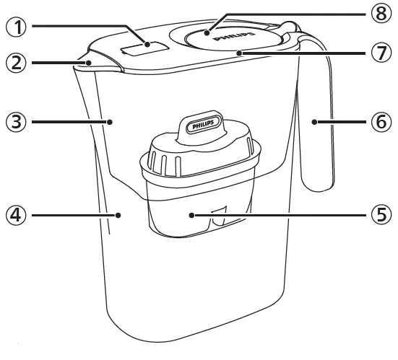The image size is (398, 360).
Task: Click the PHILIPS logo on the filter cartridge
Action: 204,126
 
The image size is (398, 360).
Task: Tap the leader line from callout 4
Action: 72,214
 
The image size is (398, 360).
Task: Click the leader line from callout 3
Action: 69,122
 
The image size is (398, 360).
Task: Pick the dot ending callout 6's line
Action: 314,122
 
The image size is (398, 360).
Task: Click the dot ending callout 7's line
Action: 239,52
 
